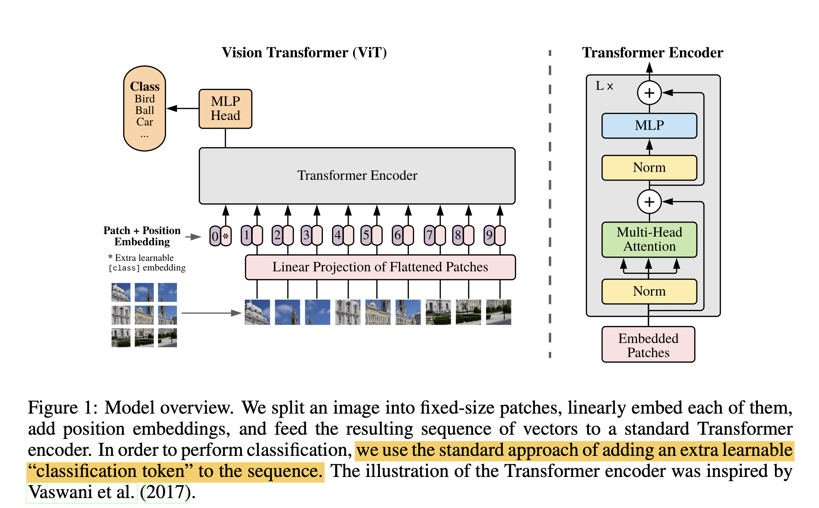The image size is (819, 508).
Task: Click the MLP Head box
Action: [225, 108]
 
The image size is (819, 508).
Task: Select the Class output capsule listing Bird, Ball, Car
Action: [144, 108]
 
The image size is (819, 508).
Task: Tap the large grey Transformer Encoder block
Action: [357, 175]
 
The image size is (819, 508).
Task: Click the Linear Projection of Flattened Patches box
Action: [380, 267]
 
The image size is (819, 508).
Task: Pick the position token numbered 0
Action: [215, 236]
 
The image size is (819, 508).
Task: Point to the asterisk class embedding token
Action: [226, 236]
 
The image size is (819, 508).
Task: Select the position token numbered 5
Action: [366, 235]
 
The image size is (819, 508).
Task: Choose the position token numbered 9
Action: [489, 235]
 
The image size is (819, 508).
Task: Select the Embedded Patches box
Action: [648, 345]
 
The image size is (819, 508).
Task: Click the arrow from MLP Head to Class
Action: [183, 108]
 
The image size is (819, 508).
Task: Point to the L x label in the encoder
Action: [604, 86]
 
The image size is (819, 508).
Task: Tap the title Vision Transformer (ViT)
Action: [304, 53]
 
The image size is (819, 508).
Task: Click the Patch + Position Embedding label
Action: [142, 236]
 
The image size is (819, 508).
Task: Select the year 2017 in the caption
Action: [165, 492]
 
